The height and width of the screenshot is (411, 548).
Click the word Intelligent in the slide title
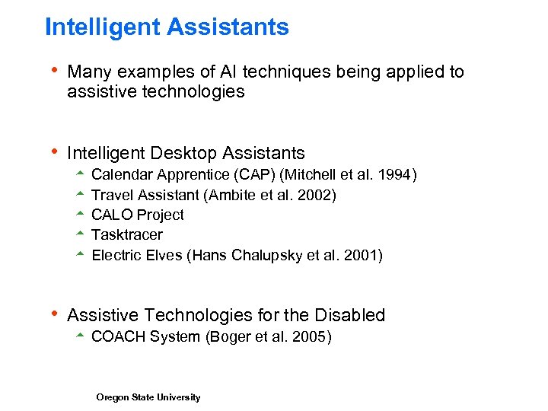(x=102, y=27)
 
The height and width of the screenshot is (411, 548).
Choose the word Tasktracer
(x=126, y=234)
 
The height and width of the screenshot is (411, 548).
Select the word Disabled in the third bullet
(x=352, y=315)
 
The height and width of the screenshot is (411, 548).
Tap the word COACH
(x=117, y=336)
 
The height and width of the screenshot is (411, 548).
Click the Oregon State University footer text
(x=148, y=397)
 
